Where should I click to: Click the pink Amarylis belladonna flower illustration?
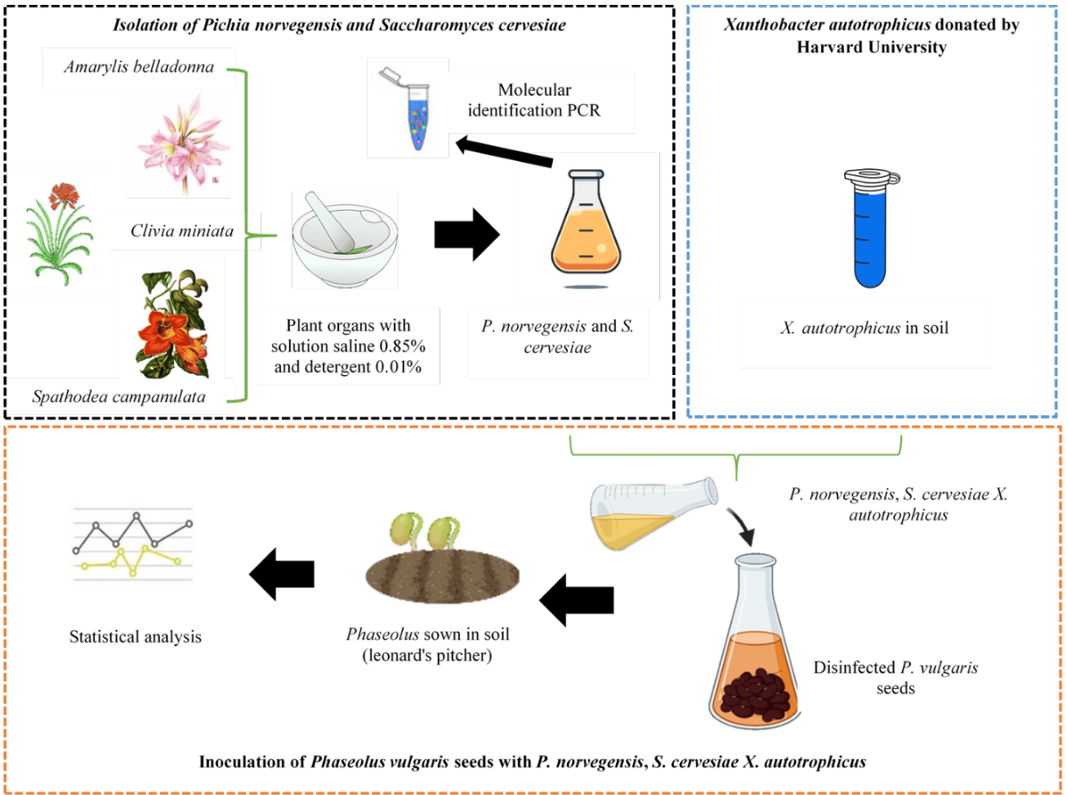coord(178,143)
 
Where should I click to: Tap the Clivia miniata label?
coord(182,231)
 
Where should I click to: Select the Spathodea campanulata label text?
coord(119,397)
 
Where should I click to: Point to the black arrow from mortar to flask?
coord(467,234)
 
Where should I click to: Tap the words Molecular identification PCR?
coord(534,100)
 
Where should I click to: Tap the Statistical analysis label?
coord(136,637)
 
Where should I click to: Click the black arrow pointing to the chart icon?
coord(282,574)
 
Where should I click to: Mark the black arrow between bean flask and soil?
coord(577,600)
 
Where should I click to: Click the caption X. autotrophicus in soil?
coord(864,328)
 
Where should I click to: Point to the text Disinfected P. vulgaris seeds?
coord(895,678)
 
